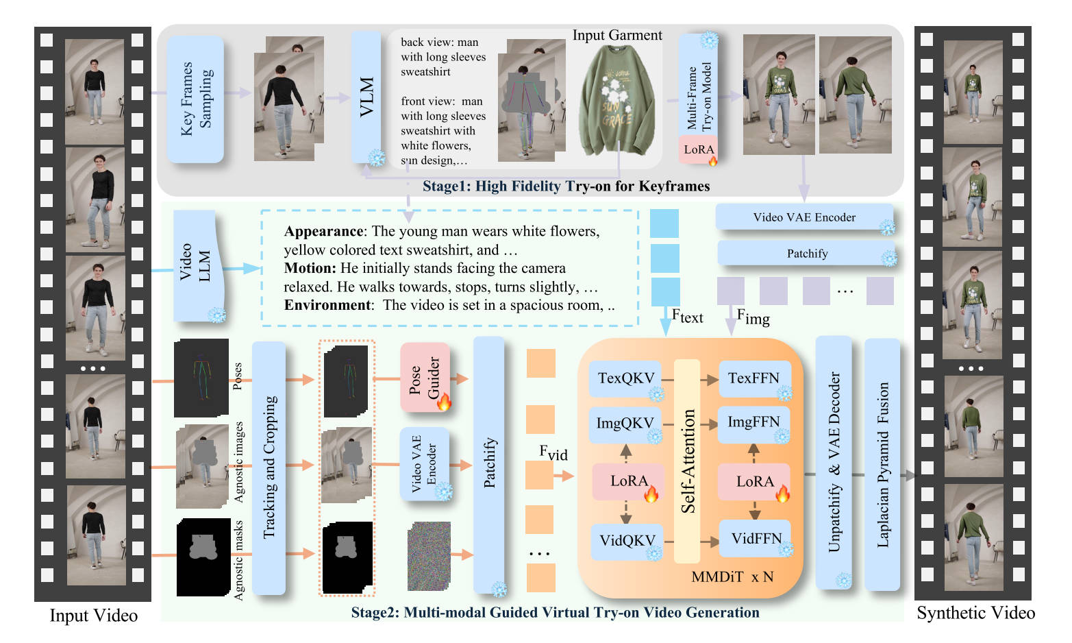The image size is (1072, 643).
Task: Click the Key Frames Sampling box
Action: coord(195,99)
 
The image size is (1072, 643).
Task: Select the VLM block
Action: coord(366,96)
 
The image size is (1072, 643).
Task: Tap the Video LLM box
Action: coord(195,265)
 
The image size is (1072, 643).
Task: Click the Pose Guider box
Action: coord(425,378)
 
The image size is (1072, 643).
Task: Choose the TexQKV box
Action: coord(626,378)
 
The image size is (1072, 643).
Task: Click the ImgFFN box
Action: coord(753,422)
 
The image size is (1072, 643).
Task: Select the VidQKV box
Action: coord(627,540)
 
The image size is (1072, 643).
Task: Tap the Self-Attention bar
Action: coord(688,461)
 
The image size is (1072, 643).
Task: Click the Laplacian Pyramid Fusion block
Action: coord(882,464)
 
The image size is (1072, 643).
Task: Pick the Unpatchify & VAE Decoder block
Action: coord(834,461)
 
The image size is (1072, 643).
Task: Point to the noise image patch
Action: coord(429,556)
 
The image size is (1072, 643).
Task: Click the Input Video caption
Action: coord(94,616)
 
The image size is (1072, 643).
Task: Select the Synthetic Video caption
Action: coord(975,613)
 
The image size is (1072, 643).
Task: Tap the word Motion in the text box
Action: coord(310,268)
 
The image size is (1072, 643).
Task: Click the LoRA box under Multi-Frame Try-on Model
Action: coord(698,149)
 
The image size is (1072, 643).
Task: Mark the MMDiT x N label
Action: coord(732,577)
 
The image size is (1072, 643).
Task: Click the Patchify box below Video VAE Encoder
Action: coord(806,254)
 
